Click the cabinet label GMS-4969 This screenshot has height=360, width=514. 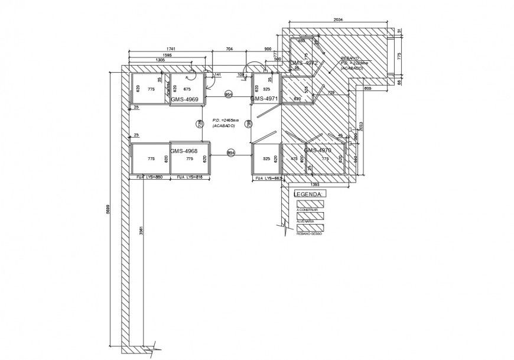[185, 100]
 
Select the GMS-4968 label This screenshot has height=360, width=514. [184, 151]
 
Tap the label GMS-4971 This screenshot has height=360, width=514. [263, 99]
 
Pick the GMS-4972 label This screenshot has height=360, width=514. [304, 63]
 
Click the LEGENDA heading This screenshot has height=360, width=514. [309, 194]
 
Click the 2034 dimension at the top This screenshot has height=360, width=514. [337, 20]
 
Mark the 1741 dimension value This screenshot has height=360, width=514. [171, 48]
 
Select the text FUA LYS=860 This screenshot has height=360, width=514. [149, 177]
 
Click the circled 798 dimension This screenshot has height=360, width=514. [249, 124]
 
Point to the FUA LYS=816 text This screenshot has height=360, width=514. [190, 177]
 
